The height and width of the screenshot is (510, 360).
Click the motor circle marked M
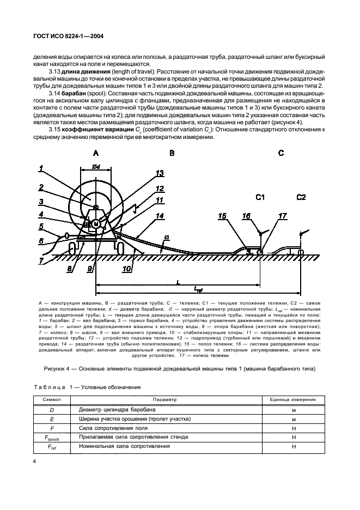click(x=96, y=224)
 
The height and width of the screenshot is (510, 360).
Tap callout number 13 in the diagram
click(x=160, y=173)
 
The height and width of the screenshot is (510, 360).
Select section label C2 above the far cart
click(x=301, y=197)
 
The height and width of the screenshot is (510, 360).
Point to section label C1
click(x=260, y=197)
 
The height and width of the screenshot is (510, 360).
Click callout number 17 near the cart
click(x=283, y=216)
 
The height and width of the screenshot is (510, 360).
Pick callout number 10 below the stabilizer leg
click(x=126, y=268)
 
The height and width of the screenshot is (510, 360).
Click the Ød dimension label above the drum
click(x=96, y=167)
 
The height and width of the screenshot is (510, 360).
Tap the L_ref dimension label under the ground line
click(x=198, y=288)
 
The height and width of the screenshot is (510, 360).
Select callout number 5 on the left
click(x=41, y=226)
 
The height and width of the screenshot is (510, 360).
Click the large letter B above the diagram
click(x=172, y=153)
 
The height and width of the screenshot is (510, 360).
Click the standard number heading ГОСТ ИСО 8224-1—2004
click(x=68, y=36)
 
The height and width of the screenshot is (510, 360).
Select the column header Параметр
click(x=164, y=399)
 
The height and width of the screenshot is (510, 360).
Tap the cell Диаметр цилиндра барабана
click(x=117, y=410)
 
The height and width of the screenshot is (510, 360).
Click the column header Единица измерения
click(x=292, y=399)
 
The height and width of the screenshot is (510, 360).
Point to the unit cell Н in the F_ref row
click(x=294, y=447)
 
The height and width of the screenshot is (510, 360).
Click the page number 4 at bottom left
click(x=35, y=461)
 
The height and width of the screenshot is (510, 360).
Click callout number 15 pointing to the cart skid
click(x=222, y=216)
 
